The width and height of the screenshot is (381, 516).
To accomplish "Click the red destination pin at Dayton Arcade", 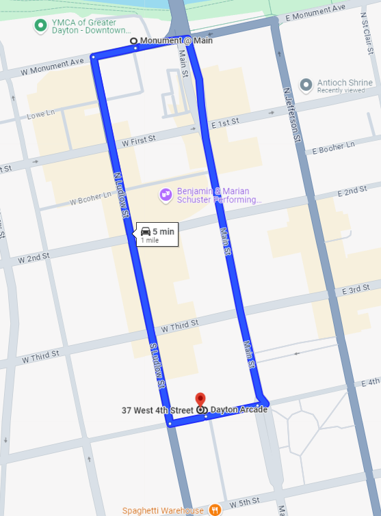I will pyautogui.click(x=200, y=399).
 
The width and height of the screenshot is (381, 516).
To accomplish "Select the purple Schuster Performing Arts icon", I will pyautogui.click(x=166, y=195).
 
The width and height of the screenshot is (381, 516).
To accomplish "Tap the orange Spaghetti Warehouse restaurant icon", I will pyautogui.click(x=215, y=510).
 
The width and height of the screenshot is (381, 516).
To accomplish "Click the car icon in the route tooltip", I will pyautogui.click(x=145, y=232).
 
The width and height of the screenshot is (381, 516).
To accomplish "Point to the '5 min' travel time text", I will pyautogui.click(x=163, y=232).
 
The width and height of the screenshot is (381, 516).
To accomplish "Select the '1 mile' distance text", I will pyautogui.click(x=150, y=241).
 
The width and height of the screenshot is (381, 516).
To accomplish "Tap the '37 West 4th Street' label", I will pyautogui.click(x=157, y=410).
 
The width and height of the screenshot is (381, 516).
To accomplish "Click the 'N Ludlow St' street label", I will pyautogui.click(x=122, y=194).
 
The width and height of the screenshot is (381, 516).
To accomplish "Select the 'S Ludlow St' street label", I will pyautogui.click(x=157, y=366).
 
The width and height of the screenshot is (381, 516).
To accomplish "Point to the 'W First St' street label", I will pyautogui.click(x=138, y=141).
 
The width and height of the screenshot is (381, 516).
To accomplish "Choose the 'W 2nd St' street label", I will pyautogui.click(x=34, y=258).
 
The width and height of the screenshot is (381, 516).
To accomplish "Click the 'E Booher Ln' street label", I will pyautogui.click(x=333, y=147).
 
